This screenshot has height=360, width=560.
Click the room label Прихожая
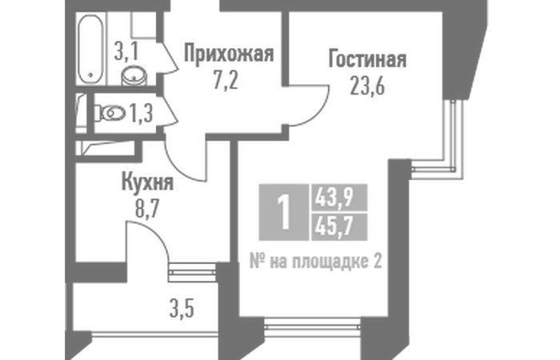pyautogui.click(x=229, y=54)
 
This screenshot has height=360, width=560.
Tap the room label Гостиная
pyautogui.click(x=367, y=59)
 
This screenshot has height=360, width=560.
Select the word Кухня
pyautogui.click(x=147, y=182)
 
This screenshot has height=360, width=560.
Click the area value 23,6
pyautogui.click(x=367, y=86)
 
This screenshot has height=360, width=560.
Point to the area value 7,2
pyautogui.click(x=226, y=82)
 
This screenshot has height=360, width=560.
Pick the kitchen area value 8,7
pyautogui.click(x=146, y=209)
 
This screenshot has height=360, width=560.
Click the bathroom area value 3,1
pyautogui.click(x=126, y=52)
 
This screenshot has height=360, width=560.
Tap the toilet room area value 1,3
pyautogui.click(x=141, y=114)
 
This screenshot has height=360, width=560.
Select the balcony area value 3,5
pyautogui.click(x=182, y=310)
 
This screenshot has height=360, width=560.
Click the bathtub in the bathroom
pyautogui.click(x=90, y=49)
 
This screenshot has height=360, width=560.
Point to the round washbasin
pyautogui.click(x=134, y=76)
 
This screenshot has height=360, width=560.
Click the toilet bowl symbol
pyautogui.click(x=110, y=114)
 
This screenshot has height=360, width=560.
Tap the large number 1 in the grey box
pyautogui.click(x=284, y=213)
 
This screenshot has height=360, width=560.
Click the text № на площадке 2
pyautogui.click(x=316, y=262)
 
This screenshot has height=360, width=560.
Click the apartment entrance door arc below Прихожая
pyautogui.click(x=178, y=168)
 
